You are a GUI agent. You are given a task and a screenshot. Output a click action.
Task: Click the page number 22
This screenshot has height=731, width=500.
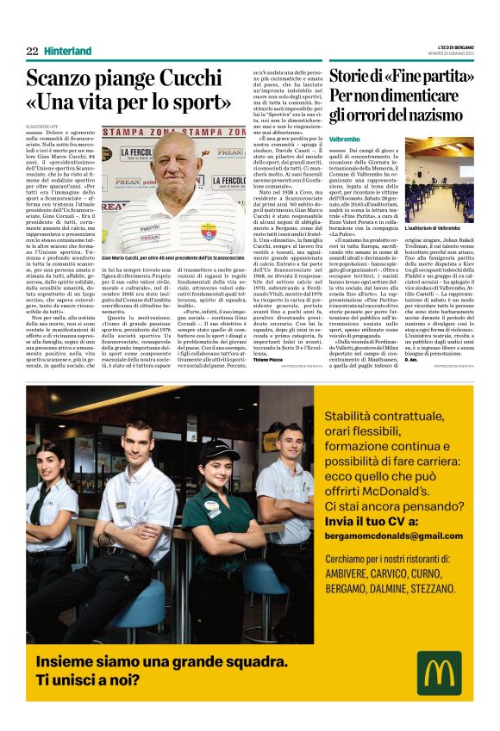pyautogui.click(x=32, y=51)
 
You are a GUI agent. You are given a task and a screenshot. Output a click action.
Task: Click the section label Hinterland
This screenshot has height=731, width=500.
pyautogui.click(x=67, y=51)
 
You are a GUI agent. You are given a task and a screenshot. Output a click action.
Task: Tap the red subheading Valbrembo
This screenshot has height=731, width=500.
pyautogui.click(x=344, y=138)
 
